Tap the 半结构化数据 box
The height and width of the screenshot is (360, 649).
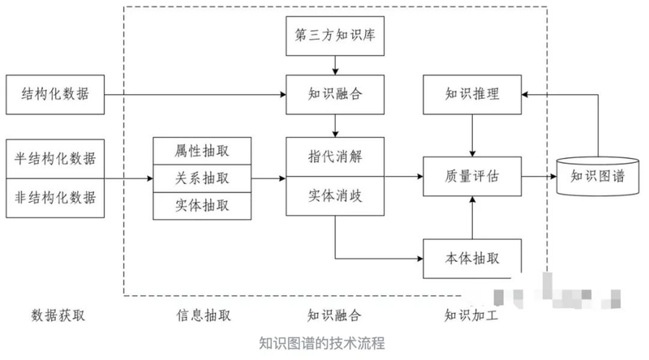pos(55,157)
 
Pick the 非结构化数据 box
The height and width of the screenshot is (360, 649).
pos(55,197)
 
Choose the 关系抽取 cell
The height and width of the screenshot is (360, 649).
pos(202,178)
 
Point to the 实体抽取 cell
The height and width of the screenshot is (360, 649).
pos(202,206)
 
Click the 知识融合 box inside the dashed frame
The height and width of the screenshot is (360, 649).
pos(334,95)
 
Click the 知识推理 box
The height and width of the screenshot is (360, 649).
pos(472,95)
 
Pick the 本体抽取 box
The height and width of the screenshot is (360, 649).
pos(472,259)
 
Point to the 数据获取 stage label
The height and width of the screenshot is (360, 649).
pos(55,315)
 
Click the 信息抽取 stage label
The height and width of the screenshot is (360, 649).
pos(202,315)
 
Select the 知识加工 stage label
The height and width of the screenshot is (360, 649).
pos(472,315)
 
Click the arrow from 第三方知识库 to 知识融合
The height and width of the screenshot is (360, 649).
pos(334,65)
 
